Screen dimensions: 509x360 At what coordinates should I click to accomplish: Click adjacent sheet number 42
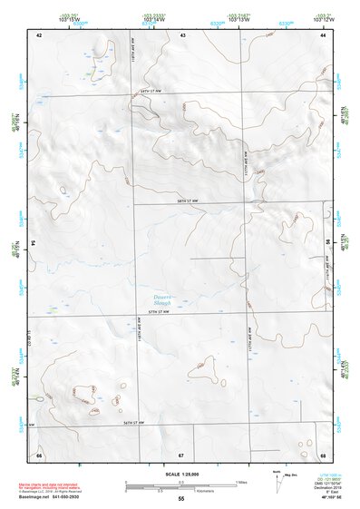coord(39,35)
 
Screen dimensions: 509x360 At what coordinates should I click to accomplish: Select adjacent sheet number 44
coord(323,35)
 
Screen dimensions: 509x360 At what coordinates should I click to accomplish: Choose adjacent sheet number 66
coord(39,454)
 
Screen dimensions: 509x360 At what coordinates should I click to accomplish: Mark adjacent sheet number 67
coord(181,454)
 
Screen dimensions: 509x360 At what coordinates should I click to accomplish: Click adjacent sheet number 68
coord(323,454)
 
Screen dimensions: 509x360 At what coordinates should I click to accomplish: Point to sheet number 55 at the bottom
coord(181,498)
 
